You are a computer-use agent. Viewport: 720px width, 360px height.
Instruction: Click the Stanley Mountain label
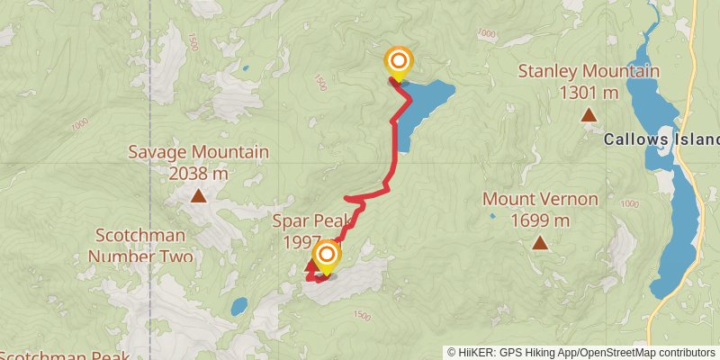(589, 71)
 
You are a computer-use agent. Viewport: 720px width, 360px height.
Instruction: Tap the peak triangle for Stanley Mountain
(589, 114)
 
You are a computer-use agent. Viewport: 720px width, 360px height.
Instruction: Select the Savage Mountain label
(198, 152)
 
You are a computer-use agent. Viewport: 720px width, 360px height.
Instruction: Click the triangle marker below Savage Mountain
(197, 194)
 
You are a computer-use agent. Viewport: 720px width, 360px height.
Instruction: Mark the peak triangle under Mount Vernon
(540, 242)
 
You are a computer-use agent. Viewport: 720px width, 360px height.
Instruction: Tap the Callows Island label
(661, 139)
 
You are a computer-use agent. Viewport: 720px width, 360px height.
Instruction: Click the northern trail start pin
(398, 62)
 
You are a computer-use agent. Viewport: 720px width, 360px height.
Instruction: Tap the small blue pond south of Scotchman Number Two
(238, 307)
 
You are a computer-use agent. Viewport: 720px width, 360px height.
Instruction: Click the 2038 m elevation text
(198, 173)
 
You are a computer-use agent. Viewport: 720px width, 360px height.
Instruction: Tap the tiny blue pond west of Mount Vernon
(491, 216)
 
